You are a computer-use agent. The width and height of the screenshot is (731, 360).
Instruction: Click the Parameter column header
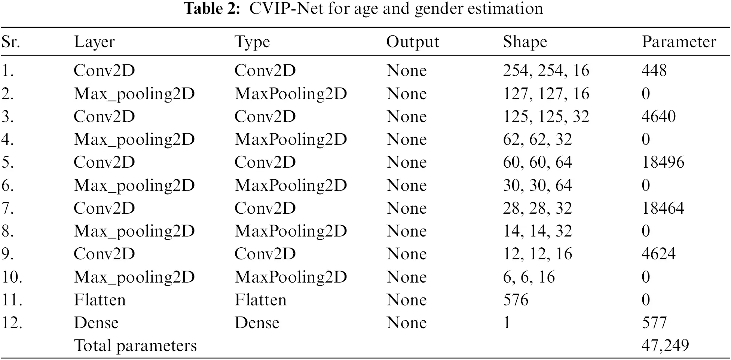click(x=679, y=42)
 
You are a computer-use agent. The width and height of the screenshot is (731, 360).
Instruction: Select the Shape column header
click(x=524, y=42)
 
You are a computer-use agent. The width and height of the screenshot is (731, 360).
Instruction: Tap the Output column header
click(x=412, y=42)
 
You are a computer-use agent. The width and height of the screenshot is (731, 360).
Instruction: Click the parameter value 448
click(x=654, y=70)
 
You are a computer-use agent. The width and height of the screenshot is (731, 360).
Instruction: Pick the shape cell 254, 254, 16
click(x=546, y=70)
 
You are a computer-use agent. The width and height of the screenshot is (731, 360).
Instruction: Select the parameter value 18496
click(x=663, y=162)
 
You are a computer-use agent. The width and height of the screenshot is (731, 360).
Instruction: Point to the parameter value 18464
click(x=663, y=208)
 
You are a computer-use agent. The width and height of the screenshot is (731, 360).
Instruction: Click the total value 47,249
click(x=665, y=345)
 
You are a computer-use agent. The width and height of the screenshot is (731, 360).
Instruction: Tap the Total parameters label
click(x=135, y=345)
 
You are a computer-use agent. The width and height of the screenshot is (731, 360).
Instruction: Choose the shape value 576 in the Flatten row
click(x=516, y=300)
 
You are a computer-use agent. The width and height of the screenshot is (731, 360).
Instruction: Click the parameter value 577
click(x=654, y=323)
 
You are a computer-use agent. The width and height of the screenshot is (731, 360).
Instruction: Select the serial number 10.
click(x=12, y=277)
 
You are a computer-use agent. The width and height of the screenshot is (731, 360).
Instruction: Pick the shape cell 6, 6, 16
click(x=529, y=277)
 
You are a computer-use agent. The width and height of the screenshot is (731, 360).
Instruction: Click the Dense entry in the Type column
click(x=257, y=323)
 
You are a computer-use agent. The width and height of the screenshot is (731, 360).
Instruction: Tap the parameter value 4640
click(x=658, y=116)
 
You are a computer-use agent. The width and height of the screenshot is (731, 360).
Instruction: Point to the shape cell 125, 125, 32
click(x=546, y=116)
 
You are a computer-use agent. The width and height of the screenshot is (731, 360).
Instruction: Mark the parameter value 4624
click(x=658, y=254)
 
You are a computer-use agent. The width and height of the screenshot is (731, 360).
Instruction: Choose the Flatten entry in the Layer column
click(x=100, y=300)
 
